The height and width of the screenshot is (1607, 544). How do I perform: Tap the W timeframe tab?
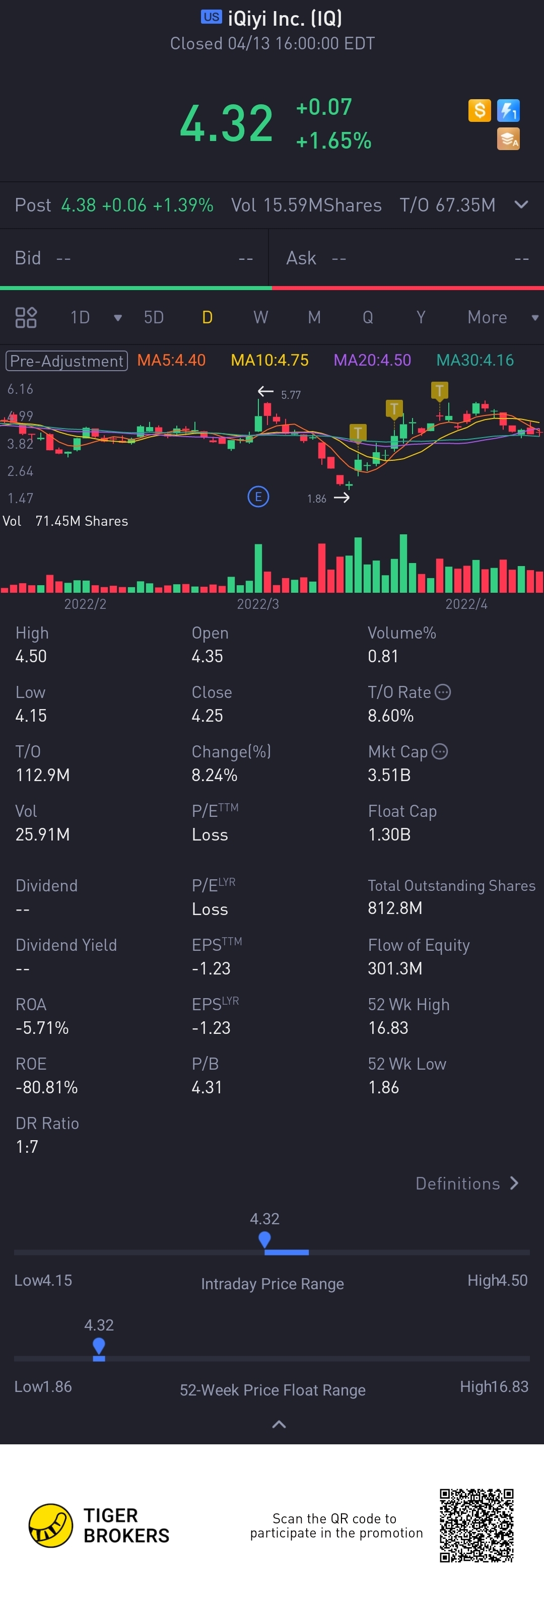(x=261, y=318)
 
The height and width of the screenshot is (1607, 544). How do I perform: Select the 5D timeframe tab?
(x=154, y=318)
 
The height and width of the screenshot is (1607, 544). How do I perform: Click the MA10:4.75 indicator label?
(x=269, y=361)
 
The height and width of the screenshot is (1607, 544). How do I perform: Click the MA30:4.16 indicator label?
(x=475, y=361)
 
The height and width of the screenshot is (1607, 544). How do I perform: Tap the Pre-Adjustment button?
(x=67, y=361)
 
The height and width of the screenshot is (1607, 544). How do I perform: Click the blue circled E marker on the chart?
(x=258, y=497)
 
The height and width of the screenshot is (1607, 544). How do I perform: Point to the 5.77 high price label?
(x=291, y=395)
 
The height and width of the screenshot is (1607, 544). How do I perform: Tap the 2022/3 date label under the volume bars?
(x=258, y=604)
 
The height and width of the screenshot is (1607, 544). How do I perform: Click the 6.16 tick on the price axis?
(x=20, y=389)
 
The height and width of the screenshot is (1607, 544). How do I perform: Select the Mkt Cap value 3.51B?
(x=389, y=776)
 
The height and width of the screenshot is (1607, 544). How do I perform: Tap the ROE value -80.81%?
(x=47, y=1087)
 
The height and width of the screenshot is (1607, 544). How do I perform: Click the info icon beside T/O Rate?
(x=443, y=692)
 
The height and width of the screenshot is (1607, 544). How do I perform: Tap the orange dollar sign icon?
(x=479, y=111)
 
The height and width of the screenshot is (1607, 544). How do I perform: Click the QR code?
(x=477, y=1525)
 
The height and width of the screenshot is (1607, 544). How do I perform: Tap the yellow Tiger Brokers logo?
(x=50, y=1525)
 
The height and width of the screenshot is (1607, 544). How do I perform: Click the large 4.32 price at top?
(x=226, y=123)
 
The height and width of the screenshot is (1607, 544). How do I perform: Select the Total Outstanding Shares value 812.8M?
(x=395, y=909)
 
